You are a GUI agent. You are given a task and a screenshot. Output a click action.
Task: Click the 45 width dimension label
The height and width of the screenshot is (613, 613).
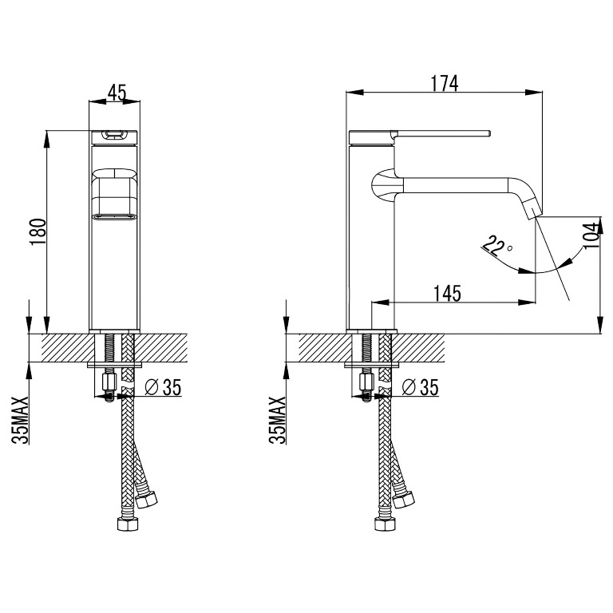(117, 93)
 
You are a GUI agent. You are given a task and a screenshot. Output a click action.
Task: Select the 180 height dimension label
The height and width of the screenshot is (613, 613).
(38, 231)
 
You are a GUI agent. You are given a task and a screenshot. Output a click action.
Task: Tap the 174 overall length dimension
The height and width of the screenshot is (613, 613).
(444, 83)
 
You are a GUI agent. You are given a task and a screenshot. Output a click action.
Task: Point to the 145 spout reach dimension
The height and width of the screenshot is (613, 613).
(447, 293)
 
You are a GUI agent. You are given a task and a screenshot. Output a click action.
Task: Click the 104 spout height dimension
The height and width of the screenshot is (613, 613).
(591, 235)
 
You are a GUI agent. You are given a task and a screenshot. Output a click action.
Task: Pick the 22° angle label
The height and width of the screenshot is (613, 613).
(496, 247)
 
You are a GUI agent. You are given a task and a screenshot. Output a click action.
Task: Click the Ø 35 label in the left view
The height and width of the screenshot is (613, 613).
(163, 387)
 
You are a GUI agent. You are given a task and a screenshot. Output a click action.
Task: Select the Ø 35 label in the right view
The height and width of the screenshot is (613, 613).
(421, 387)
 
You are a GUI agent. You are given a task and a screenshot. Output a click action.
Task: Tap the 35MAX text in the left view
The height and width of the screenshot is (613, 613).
(20, 420)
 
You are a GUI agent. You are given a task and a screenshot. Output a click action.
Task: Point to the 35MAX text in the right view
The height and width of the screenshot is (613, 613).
(278, 420)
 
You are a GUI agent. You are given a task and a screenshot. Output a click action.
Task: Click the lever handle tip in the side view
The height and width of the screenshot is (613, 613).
(488, 133)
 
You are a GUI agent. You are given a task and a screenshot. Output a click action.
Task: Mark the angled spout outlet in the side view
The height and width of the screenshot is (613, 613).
(532, 209)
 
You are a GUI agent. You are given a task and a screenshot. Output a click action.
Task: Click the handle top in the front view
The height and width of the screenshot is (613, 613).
(115, 135)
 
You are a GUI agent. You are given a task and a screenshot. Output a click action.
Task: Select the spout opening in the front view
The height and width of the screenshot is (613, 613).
(115, 216)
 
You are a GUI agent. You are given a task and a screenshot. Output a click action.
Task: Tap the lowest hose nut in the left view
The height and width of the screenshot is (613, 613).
(128, 524)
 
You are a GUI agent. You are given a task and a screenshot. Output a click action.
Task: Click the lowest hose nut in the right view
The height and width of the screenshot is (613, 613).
(385, 524)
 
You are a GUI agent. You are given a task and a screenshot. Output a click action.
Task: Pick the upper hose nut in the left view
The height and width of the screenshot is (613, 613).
(146, 500)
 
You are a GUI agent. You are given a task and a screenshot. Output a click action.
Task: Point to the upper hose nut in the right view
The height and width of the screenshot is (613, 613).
(403, 500)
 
